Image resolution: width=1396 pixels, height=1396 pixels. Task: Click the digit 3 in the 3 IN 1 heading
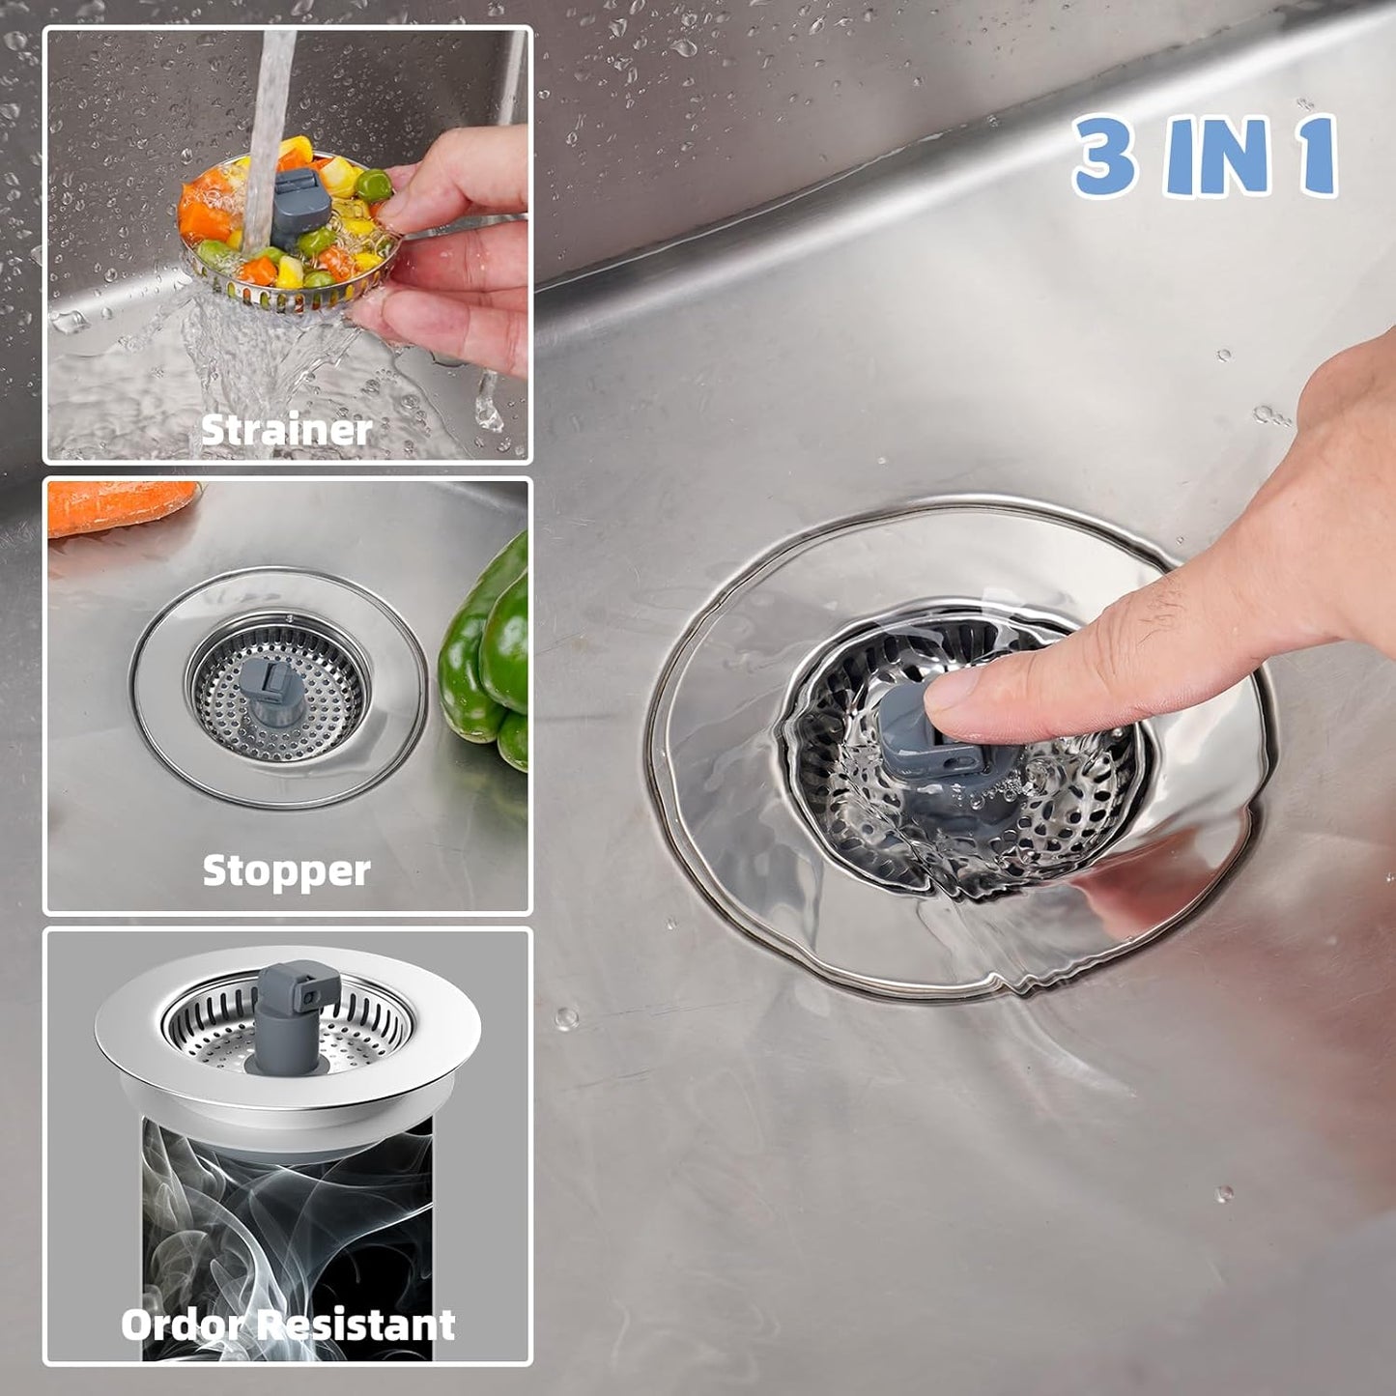click(x=1105, y=155)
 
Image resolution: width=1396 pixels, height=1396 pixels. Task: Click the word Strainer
click(x=286, y=430)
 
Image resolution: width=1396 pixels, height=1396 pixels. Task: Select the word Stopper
click(x=286, y=870)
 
